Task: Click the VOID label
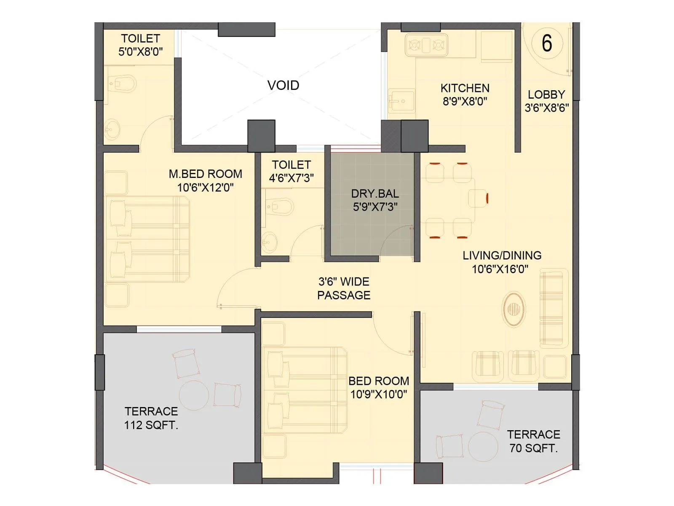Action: click(283, 85)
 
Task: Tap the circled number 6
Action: click(546, 43)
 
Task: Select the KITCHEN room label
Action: click(465, 88)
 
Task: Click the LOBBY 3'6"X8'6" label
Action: click(546, 101)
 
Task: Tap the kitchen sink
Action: click(401, 101)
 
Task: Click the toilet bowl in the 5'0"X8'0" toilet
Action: click(123, 83)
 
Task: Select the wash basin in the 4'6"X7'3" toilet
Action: click(268, 242)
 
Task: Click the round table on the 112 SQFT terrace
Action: click(194, 396)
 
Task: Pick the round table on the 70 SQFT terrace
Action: click(483, 446)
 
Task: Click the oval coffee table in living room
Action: click(514, 309)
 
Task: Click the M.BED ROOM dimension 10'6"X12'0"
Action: click(205, 188)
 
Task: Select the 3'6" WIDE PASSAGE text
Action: click(343, 288)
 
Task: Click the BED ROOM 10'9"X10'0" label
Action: click(378, 388)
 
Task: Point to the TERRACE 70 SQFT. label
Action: click(533, 441)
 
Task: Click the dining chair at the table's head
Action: click(479, 198)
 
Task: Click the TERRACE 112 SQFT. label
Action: click(151, 418)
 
